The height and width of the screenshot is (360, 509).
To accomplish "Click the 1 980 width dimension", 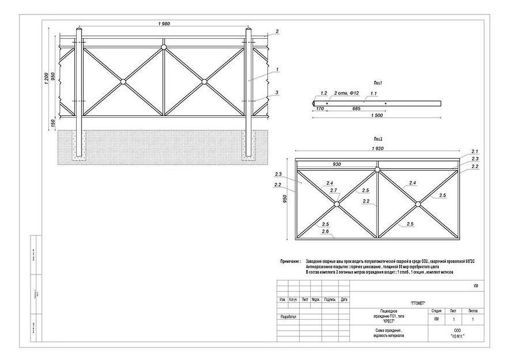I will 165,23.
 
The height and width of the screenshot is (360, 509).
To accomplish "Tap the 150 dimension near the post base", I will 52,123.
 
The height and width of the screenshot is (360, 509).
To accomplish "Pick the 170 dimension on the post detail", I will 319,108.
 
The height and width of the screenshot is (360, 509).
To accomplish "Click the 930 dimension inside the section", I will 336,164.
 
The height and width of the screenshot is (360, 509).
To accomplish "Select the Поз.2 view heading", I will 378,139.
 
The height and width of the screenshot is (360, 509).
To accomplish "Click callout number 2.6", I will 325,231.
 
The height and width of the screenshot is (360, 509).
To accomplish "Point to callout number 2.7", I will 333,190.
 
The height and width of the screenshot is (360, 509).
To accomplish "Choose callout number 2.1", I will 475,151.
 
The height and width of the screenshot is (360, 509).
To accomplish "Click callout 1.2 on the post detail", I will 323,93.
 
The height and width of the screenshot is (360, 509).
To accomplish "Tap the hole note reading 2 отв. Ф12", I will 346,93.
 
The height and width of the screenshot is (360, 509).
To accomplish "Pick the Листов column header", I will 473,310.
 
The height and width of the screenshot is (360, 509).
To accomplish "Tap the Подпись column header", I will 330,299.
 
